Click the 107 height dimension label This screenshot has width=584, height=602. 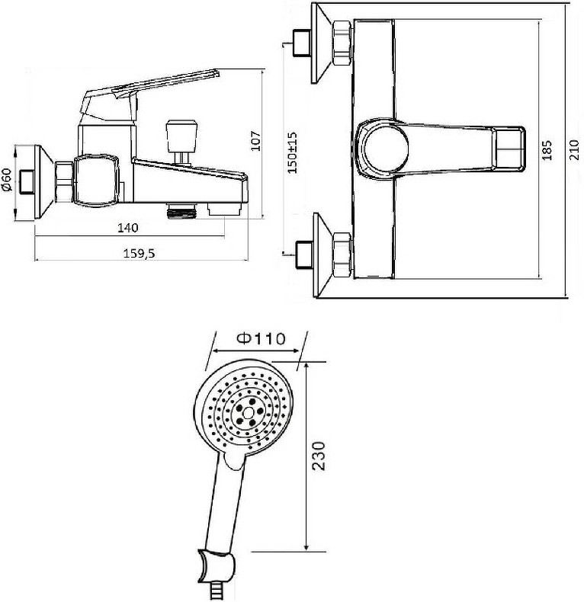(256, 141)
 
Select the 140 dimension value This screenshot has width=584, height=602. (127, 228)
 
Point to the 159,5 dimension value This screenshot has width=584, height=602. (139, 254)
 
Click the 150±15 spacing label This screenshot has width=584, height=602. (293, 152)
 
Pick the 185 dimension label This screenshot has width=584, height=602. (547, 150)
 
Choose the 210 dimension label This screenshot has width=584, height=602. (573, 150)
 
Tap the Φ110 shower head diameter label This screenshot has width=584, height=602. (262, 338)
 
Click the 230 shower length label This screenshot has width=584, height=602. (319, 456)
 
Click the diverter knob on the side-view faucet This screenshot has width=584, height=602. (181, 131)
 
